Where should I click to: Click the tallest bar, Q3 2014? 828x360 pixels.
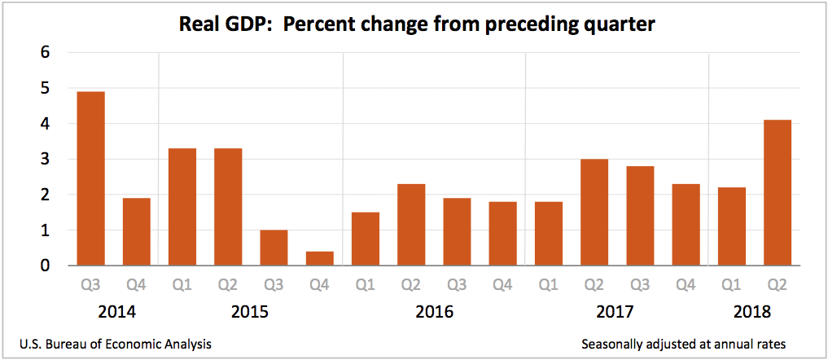tap(90, 179)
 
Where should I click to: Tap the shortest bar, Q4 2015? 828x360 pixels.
tap(319, 258)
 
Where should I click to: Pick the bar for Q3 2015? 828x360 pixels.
tap(274, 248)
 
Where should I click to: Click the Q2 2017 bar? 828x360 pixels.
tap(594, 213)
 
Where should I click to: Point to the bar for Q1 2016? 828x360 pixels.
tap(366, 239)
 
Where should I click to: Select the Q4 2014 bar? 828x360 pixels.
tap(136, 232)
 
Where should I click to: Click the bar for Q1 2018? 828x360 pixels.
tap(732, 226)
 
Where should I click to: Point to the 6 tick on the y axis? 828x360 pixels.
tap(46, 53)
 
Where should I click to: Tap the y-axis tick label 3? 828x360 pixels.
tap(46, 160)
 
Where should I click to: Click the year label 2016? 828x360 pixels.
tap(434, 313)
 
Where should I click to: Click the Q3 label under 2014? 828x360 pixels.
tap(90, 285)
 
